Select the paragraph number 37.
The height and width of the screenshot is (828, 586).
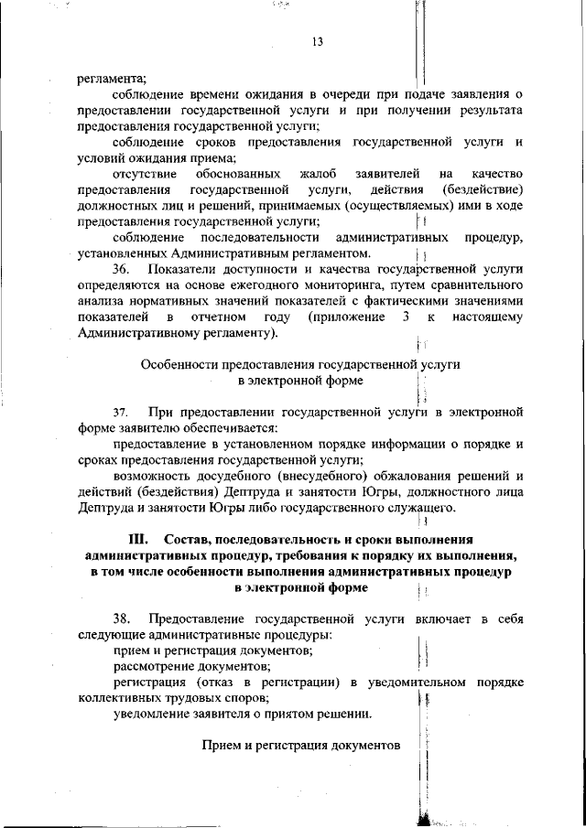coord(123,413)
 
